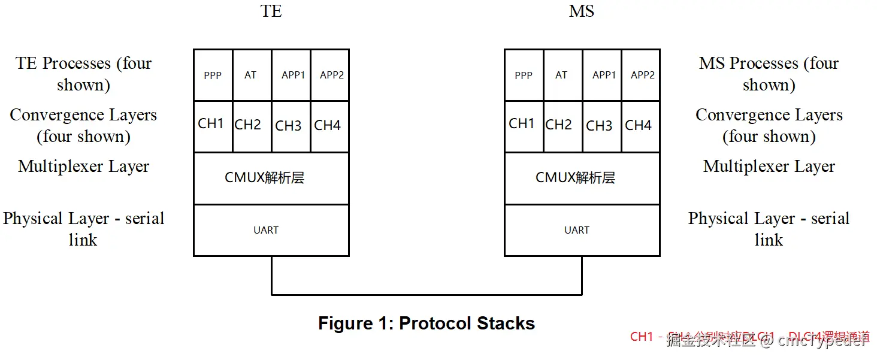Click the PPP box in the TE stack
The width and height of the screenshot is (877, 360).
213,75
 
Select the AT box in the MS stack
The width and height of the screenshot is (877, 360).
562,75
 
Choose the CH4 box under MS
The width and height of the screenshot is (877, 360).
640,126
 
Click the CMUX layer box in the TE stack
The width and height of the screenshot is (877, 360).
271,178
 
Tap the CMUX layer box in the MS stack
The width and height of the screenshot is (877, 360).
582,178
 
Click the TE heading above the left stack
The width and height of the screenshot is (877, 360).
271,11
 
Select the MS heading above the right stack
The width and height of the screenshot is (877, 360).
582,11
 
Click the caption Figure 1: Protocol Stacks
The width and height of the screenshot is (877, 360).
426,323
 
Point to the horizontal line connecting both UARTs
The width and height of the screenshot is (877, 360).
427,295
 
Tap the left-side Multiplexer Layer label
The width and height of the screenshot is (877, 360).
83,167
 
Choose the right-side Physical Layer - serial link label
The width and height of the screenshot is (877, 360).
769,229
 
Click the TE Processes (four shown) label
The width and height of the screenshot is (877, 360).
83,74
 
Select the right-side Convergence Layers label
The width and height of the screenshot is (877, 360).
769,125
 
